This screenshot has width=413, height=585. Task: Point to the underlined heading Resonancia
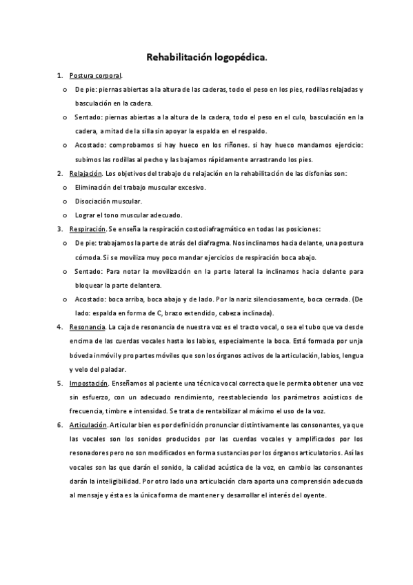pos(87,326)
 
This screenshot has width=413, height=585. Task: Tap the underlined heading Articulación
pos(88,425)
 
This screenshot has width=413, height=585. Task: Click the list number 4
pos(59,326)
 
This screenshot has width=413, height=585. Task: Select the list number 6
pos(59,425)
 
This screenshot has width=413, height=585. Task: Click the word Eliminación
pos(94,187)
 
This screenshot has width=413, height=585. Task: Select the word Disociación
pos(94,201)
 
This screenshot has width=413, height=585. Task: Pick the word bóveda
pos(82,355)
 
